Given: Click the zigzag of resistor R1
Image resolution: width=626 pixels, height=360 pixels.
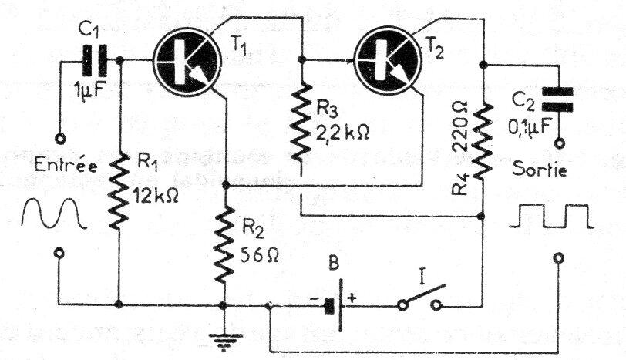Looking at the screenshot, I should coord(119,190).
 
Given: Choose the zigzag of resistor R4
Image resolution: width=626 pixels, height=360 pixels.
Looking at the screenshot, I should coord(482,143).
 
